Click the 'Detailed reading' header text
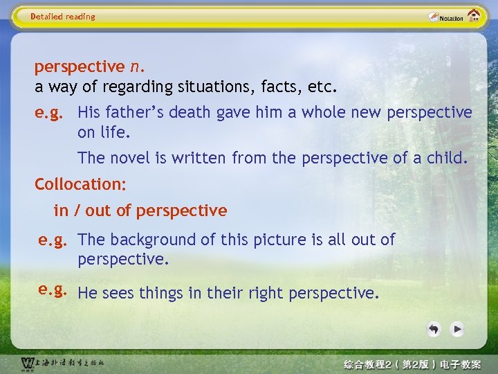(63, 17)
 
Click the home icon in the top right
(474, 16)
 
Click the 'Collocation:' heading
(80, 184)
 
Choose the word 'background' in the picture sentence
(150, 240)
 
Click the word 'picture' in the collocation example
(281, 240)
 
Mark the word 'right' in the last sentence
(264, 293)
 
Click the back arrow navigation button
(434, 329)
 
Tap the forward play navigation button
(456, 329)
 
